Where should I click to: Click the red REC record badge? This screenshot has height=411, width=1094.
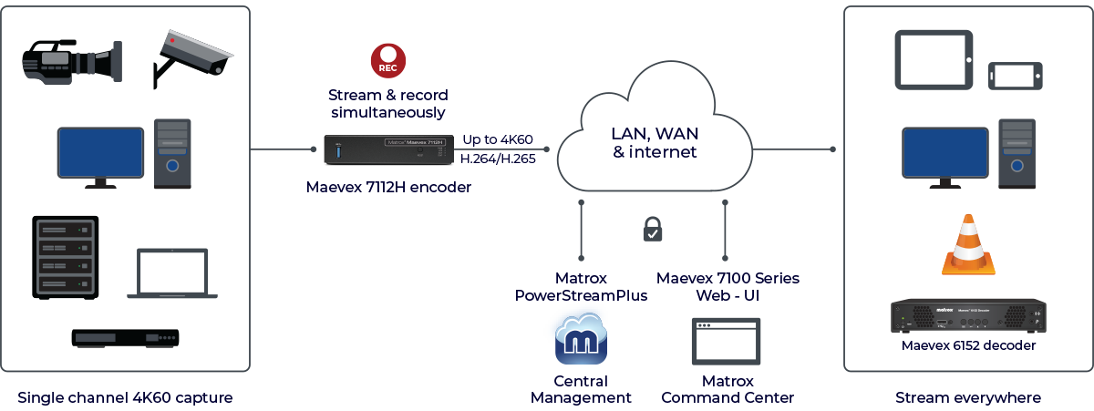(x=388, y=61)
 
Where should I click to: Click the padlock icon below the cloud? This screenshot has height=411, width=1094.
(x=653, y=229)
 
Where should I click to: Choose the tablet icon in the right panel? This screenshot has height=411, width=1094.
(x=932, y=60)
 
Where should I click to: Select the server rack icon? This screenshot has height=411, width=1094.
(x=65, y=257)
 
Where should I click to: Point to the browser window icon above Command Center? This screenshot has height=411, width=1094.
(x=727, y=342)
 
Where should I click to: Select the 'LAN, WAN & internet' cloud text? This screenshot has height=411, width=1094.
(x=655, y=142)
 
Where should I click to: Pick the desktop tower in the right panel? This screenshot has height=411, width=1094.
(x=1015, y=152)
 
